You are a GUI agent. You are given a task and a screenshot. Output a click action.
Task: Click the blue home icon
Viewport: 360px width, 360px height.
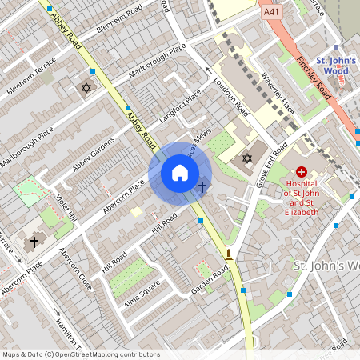pos(180,173)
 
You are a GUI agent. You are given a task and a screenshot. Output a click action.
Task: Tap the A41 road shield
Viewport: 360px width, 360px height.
pos(272,13)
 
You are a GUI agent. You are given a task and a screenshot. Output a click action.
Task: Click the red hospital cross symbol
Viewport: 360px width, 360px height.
pos(302,171)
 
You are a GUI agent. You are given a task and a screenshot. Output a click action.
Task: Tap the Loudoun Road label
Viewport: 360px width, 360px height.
pos(233,97)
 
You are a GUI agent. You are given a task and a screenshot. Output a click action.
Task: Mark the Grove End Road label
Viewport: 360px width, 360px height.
pos(273,166)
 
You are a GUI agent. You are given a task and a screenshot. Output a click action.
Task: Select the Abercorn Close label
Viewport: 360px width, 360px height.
pos(75,267)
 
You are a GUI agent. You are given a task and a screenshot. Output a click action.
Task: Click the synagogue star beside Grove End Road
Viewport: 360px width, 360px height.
pos(246,158)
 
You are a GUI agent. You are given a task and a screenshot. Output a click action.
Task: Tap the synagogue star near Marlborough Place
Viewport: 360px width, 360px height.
pos(86,87)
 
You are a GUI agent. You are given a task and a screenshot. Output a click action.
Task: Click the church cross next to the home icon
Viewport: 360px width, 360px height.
pos(202,187)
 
